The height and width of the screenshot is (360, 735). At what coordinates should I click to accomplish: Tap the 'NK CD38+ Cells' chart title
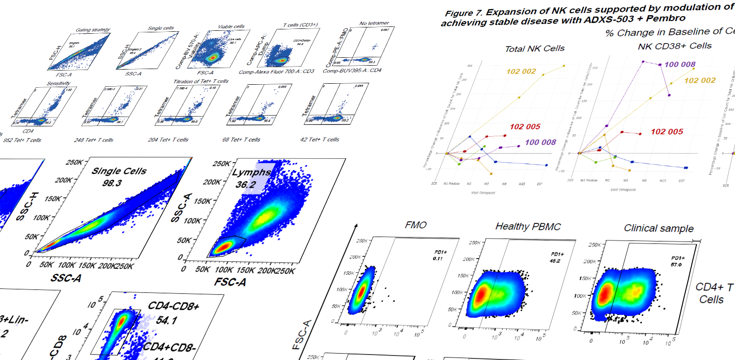675,46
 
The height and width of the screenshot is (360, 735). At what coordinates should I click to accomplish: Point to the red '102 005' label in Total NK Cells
525,127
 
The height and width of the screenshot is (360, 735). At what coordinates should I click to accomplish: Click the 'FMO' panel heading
416,226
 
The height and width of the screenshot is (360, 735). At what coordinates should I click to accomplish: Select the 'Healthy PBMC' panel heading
528,226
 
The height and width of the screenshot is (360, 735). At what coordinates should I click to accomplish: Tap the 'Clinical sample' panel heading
659,228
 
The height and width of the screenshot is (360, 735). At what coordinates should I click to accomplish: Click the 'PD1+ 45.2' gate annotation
555,257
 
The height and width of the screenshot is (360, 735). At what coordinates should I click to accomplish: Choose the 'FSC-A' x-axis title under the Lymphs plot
230,283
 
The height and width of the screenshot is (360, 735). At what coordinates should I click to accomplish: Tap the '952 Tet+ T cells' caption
22,140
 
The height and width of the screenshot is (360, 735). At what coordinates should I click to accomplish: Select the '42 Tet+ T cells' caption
319,140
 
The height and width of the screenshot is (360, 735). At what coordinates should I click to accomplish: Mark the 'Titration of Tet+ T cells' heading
200,81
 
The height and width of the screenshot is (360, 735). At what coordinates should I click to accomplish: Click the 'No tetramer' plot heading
357,23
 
